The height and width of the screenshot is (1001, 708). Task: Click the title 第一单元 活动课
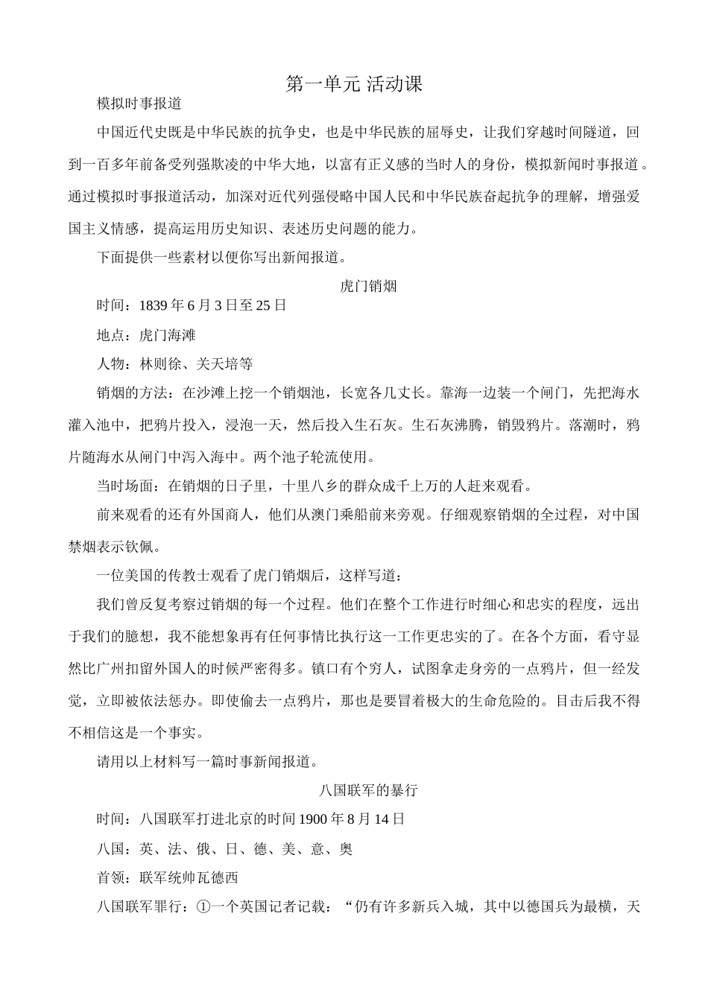click(x=354, y=85)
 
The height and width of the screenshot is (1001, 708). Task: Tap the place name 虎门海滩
click(x=167, y=335)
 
